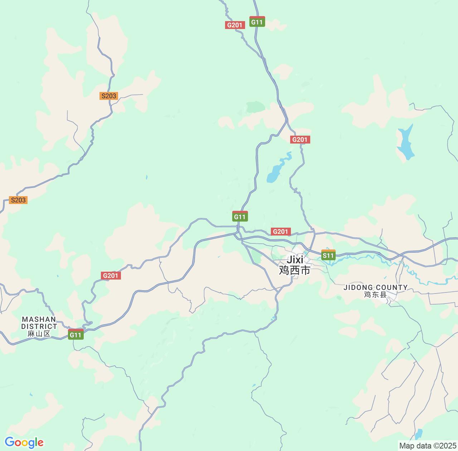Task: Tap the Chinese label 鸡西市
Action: tap(294, 270)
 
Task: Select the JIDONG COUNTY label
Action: tap(375, 287)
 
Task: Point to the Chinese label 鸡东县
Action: tap(375, 295)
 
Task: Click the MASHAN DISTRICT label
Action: tap(39, 323)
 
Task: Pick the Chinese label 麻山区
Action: tap(39, 334)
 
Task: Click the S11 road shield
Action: tap(328, 255)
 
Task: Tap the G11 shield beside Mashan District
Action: tap(76, 334)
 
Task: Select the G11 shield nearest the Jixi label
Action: tap(240, 216)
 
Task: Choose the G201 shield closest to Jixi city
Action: tap(281, 232)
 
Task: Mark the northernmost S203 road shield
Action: tap(109, 96)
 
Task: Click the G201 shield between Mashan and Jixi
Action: tap(110, 275)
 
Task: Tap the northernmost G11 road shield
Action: tap(257, 21)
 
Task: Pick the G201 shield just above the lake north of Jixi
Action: tap(300, 140)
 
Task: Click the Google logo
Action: tap(24, 442)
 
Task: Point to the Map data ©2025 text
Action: tap(427, 446)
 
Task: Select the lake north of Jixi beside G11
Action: tap(274, 173)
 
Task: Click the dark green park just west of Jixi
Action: tap(256, 254)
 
